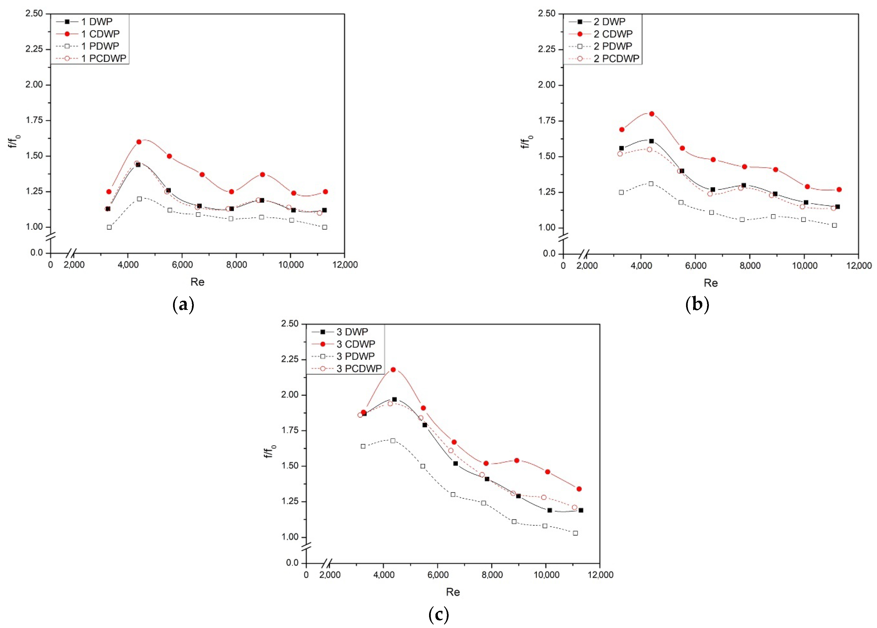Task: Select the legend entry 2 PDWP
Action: [613, 46]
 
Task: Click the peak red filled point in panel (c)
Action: [393, 370]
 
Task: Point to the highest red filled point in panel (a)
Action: [139, 142]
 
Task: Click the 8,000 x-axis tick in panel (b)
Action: [750, 266]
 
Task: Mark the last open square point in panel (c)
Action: [575, 533]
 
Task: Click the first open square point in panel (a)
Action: [109, 227]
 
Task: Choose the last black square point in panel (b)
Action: [838, 207]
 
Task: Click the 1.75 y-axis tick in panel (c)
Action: [290, 430]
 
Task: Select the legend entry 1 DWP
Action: [97, 22]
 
